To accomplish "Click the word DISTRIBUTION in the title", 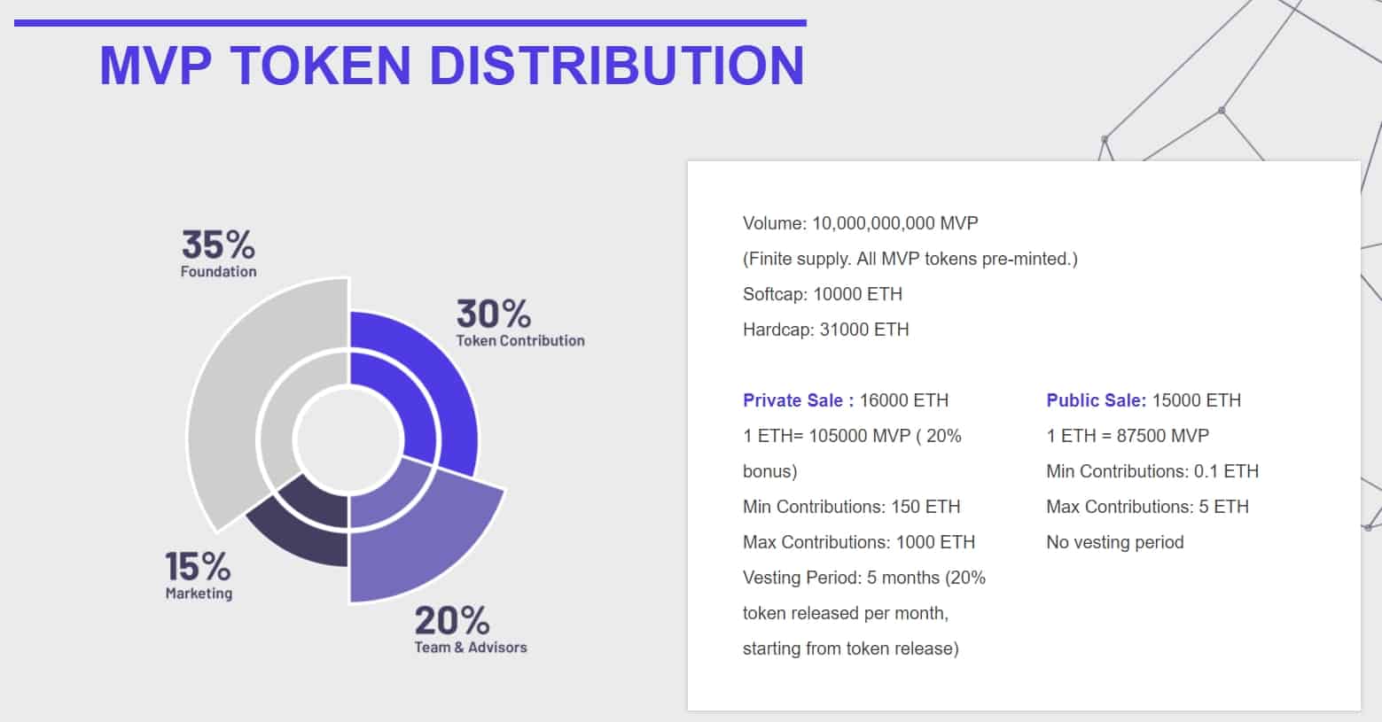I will pos(617,66).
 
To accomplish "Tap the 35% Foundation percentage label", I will pos(218,245).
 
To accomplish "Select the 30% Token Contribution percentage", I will pos(494,314).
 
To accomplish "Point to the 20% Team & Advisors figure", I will pos(451,621).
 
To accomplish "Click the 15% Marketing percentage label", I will pos(198,566).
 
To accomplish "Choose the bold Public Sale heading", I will pos(1096,400).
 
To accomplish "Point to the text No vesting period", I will pos(1114,542).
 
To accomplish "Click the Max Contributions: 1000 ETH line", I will pos(858,542).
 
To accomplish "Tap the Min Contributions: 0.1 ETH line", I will pos(1152,471).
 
